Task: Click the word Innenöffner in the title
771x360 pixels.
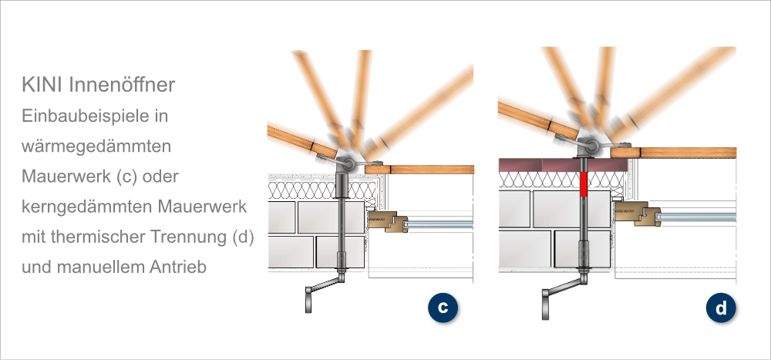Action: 122,85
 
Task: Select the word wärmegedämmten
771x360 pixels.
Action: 96,146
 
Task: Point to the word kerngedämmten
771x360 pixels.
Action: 87,207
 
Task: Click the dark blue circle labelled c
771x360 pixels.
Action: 443,308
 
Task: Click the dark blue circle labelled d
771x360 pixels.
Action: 721,308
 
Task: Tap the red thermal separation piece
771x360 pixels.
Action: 584,184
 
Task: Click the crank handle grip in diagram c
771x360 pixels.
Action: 308,300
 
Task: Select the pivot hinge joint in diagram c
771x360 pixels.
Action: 348,164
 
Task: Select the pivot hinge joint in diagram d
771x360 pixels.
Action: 591,146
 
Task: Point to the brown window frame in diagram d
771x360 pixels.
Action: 638,213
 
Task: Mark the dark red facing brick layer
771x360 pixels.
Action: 563,165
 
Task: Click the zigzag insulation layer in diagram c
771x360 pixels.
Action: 322,190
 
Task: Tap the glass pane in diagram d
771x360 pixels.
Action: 697,217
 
